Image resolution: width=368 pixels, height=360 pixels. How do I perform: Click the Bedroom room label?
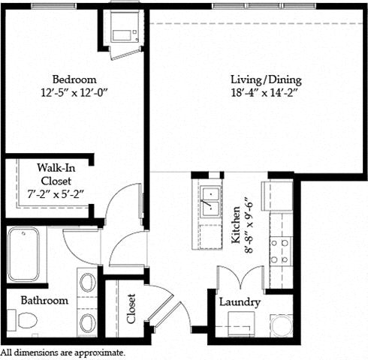click(x=74, y=79)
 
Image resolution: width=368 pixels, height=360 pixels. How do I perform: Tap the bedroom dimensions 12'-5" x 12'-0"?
click(x=74, y=93)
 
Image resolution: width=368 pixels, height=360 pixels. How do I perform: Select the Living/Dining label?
click(x=266, y=80)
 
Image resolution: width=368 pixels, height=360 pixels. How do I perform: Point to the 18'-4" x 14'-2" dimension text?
click(x=264, y=93)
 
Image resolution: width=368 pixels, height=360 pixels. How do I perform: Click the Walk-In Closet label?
click(x=56, y=174)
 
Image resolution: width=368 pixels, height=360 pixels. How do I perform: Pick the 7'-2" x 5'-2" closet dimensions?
click(x=56, y=194)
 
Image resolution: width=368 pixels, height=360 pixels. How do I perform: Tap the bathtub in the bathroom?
click(x=24, y=253)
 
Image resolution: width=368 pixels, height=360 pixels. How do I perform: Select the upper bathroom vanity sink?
click(x=87, y=282)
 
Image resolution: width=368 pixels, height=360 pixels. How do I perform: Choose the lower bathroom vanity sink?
click(x=87, y=323)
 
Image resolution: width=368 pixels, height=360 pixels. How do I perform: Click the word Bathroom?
click(x=44, y=300)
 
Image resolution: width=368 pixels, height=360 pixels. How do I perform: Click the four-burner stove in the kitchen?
click(x=280, y=251)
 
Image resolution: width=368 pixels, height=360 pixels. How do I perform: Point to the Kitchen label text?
click(x=236, y=225)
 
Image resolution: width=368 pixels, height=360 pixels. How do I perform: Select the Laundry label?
click(x=240, y=302)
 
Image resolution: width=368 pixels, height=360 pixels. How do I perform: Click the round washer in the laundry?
click(x=282, y=325)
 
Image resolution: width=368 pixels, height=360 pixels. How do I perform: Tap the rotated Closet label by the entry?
click(x=131, y=308)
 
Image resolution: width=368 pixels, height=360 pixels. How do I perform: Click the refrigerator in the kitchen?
click(x=277, y=196)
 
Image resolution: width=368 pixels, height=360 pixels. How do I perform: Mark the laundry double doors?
click(x=240, y=277)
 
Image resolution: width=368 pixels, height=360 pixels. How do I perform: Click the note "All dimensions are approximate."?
click(x=62, y=352)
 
